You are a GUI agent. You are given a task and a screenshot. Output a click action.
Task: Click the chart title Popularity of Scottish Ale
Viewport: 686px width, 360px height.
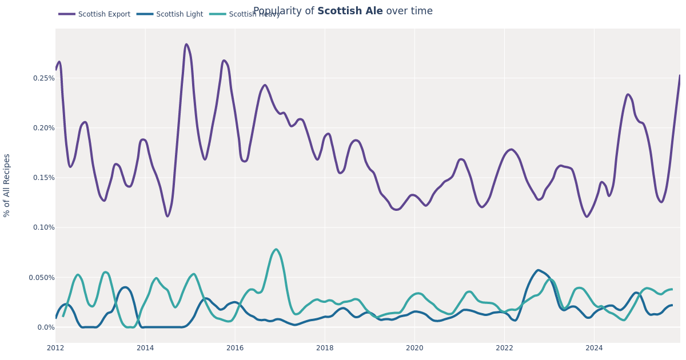(x=342, y=11)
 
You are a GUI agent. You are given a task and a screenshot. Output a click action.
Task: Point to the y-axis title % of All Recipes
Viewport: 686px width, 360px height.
(x=7, y=185)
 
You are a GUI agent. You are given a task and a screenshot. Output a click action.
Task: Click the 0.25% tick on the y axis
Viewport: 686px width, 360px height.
(x=43, y=78)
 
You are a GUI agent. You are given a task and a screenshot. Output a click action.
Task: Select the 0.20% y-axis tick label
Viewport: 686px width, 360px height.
(x=43, y=128)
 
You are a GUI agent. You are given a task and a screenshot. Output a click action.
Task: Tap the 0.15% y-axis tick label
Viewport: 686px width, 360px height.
(x=43, y=178)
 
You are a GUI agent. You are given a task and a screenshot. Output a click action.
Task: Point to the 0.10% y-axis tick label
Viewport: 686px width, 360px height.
(x=43, y=227)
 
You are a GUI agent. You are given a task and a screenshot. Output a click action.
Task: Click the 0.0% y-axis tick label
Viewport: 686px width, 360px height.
(x=45, y=327)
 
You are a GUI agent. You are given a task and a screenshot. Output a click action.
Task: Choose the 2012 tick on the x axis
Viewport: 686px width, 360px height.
(x=55, y=348)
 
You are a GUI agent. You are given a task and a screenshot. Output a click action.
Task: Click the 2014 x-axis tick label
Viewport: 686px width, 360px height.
(x=145, y=348)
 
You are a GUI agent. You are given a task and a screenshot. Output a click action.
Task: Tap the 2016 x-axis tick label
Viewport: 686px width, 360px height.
(x=235, y=348)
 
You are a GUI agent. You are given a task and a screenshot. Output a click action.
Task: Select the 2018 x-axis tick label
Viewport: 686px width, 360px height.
(x=325, y=348)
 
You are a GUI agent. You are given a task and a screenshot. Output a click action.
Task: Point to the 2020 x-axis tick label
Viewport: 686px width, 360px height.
(x=414, y=348)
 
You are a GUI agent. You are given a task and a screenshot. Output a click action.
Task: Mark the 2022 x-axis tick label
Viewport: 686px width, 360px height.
(x=504, y=348)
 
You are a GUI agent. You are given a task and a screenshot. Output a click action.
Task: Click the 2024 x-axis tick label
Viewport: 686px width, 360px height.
(x=594, y=348)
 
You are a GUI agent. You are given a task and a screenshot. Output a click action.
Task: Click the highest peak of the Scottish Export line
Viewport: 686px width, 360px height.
(x=186, y=44)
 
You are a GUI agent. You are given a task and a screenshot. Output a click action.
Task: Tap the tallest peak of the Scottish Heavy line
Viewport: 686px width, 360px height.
(x=276, y=249)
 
